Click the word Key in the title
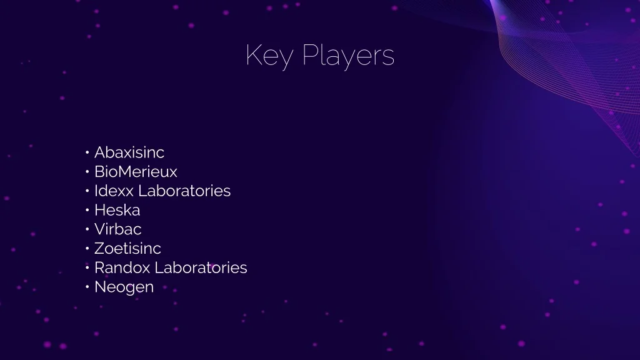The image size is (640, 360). [x=269, y=56]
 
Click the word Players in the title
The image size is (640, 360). [x=348, y=56]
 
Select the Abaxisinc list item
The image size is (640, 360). [x=129, y=152]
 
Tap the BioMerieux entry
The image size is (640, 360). [x=136, y=171]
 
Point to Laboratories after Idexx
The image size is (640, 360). [x=184, y=191]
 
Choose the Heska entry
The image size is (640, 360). [x=117, y=210]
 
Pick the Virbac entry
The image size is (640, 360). [x=117, y=229]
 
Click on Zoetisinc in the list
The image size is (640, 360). [x=127, y=248]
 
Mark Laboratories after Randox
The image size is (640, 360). [x=201, y=267]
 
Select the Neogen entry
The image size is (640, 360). [x=124, y=287]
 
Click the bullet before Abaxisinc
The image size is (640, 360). [x=87, y=152]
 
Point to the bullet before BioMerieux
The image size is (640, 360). [x=87, y=172]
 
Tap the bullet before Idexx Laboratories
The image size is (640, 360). [x=87, y=191]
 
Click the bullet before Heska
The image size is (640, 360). [x=87, y=210]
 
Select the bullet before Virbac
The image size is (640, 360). [x=87, y=229]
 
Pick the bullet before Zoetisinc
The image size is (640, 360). [x=87, y=249]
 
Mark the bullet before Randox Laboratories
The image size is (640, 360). [x=87, y=267]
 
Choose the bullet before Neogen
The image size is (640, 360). [x=87, y=287]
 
